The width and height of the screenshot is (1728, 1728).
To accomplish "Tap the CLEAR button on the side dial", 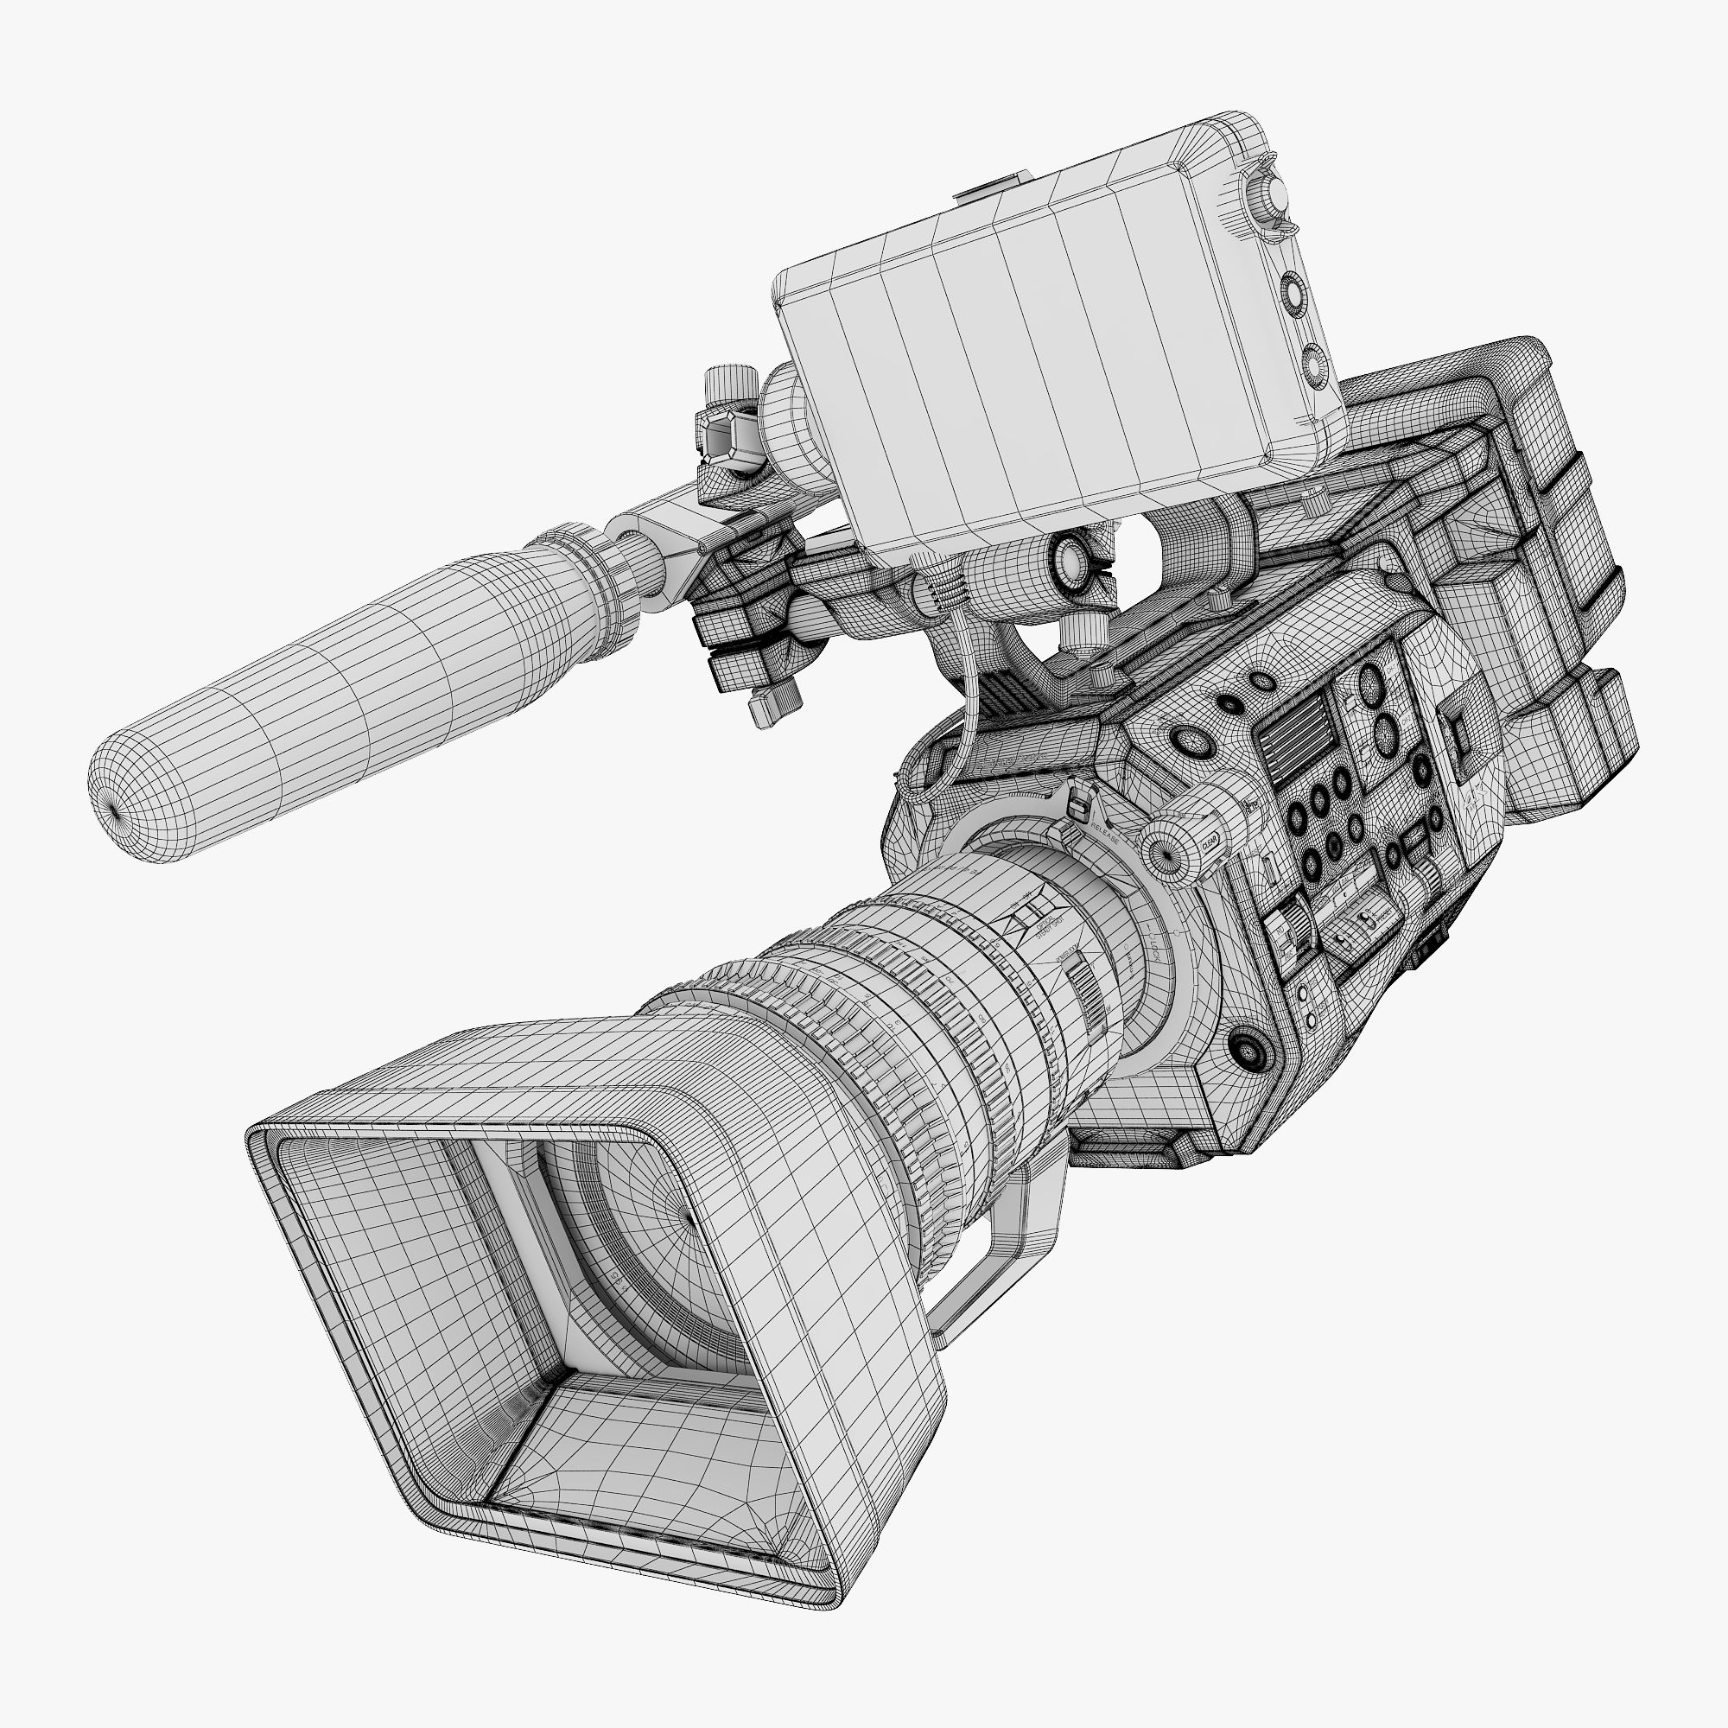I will pyautogui.click(x=1212, y=841).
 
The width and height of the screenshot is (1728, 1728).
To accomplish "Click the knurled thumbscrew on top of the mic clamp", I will pyautogui.click(x=731, y=382).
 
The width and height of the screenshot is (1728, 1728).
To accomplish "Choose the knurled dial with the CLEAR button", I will pyautogui.click(x=1172, y=848).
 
